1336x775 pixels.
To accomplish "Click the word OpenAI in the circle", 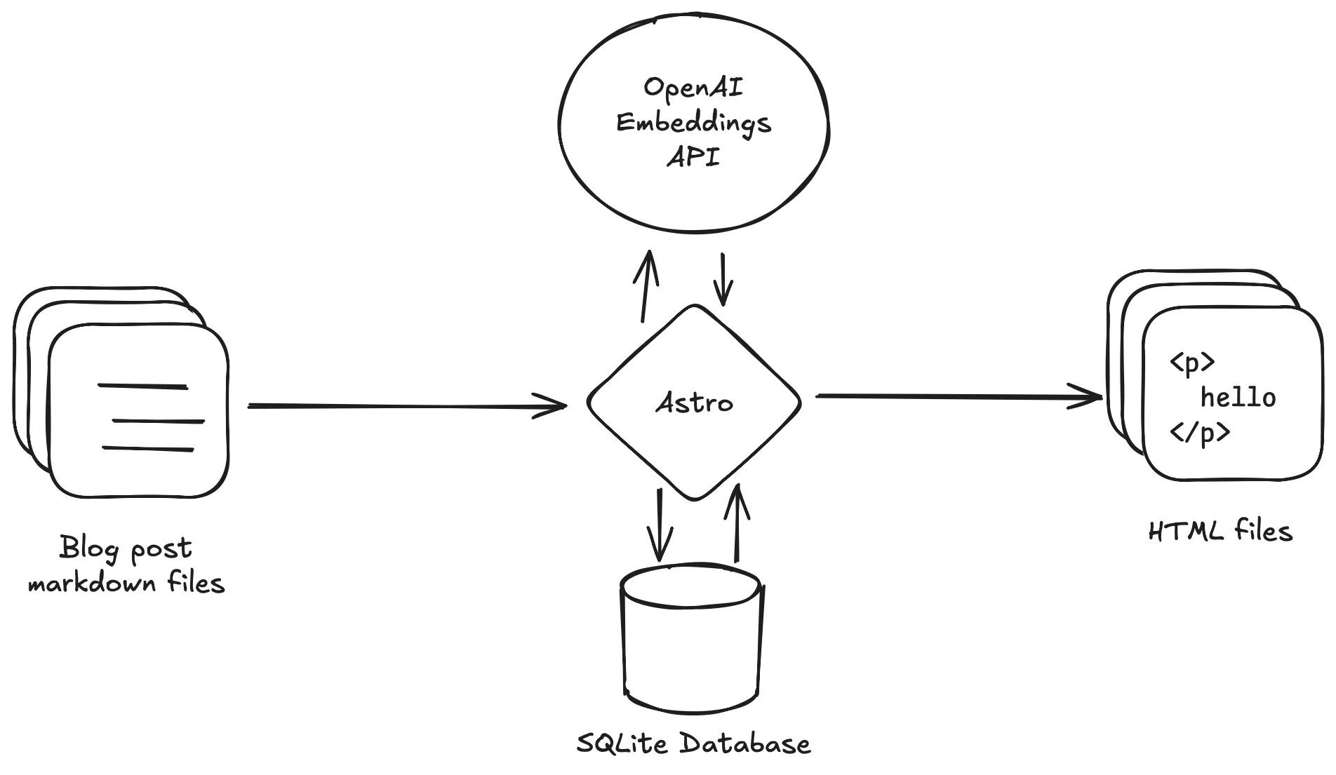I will [x=693, y=88].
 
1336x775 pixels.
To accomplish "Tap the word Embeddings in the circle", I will [x=693, y=123].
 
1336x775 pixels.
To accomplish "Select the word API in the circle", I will [x=693, y=157].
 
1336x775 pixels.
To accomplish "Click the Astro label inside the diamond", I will [x=694, y=403].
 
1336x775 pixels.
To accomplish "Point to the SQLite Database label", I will [x=693, y=743].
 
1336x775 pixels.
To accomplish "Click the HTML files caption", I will [x=1220, y=531].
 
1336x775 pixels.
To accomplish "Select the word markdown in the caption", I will [x=92, y=583].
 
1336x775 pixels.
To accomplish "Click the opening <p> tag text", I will [x=1191, y=363].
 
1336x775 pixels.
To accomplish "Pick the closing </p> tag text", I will [x=1199, y=433].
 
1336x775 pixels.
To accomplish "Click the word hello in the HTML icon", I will [x=1238, y=398].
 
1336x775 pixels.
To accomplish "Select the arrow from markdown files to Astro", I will [x=407, y=405].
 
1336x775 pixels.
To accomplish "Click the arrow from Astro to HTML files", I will [x=958, y=397].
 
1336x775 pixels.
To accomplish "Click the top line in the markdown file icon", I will [x=142, y=386].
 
